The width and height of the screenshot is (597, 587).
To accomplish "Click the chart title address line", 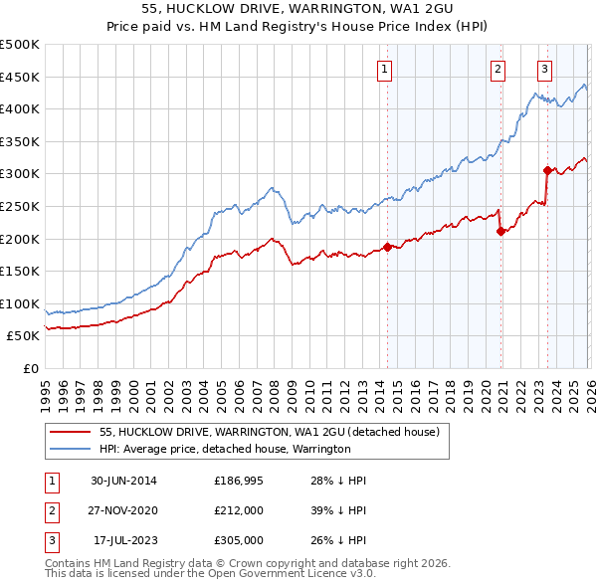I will pyautogui.click(x=298, y=10).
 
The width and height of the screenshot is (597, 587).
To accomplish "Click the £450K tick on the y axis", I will pyautogui.click(x=20, y=77).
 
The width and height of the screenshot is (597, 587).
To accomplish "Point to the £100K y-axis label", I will pyautogui.click(x=20, y=303).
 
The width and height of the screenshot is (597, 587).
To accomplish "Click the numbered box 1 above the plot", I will pyautogui.click(x=384, y=69).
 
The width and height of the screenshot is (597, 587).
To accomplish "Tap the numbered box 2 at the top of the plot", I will pyautogui.click(x=497, y=69).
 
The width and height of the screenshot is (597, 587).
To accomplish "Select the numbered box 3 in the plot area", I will pyautogui.click(x=545, y=69).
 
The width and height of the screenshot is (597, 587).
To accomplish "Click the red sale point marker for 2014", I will pyautogui.click(x=387, y=248).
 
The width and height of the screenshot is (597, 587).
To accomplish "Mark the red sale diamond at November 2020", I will pyautogui.click(x=500, y=231).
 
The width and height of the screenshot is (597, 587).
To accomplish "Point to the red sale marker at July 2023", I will pyautogui.click(x=547, y=170).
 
